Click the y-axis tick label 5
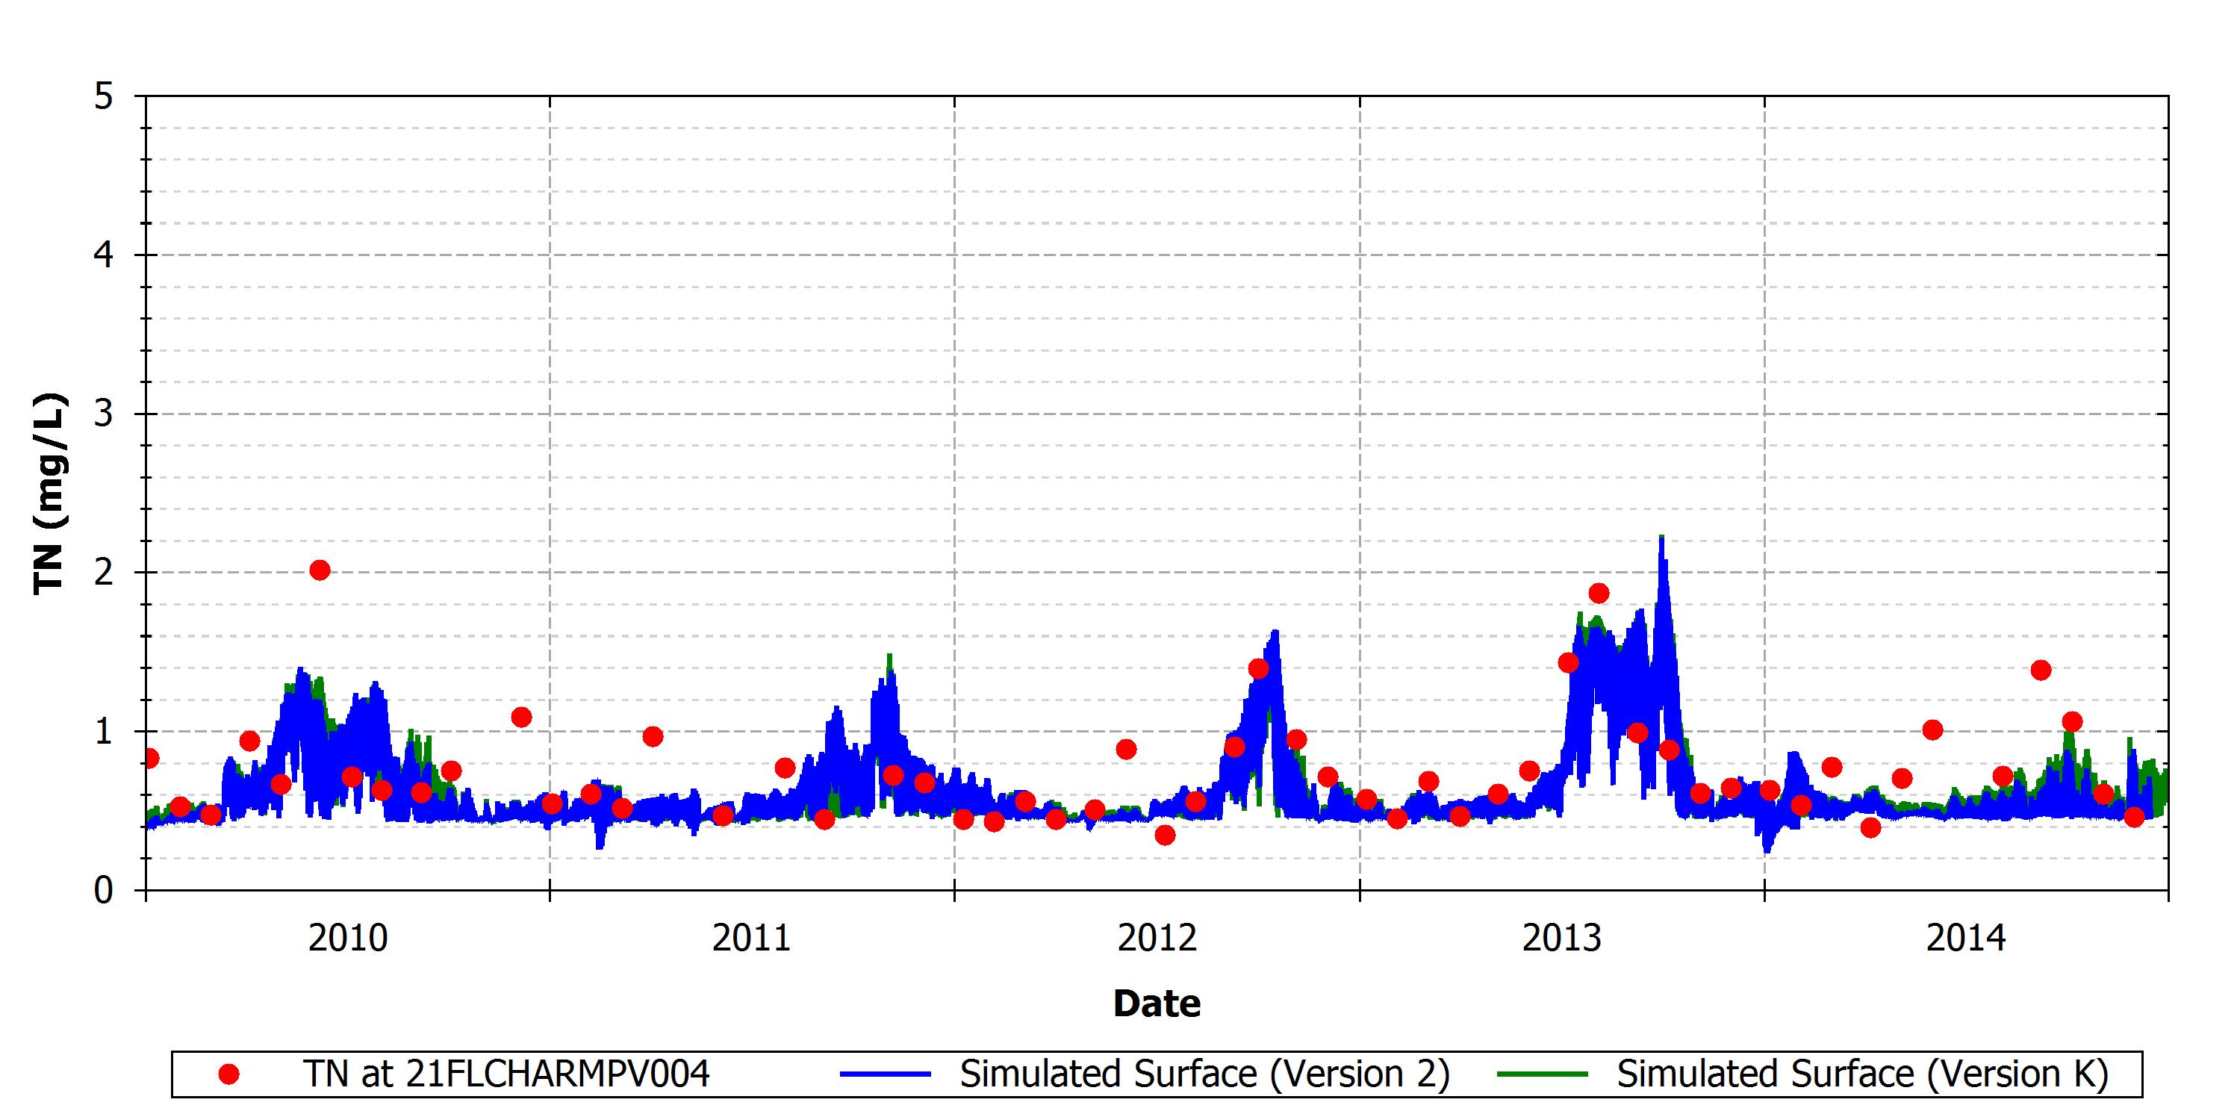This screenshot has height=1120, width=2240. [x=105, y=96]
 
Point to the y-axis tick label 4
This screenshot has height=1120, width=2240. [x=105, y=255]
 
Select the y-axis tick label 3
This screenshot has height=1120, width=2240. [x=105, y=414]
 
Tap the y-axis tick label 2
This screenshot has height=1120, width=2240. [x=105, y=573]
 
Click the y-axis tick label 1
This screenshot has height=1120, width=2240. [x=105, y=731]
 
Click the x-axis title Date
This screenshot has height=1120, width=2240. [x=1157, y=1004]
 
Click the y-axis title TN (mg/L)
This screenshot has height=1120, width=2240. [x=49, y=494]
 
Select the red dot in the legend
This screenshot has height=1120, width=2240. [x=228, y=1074]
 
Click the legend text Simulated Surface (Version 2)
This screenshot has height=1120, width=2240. [x=1204, y=1074]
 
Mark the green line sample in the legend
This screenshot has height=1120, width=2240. [x=1543, y=1074]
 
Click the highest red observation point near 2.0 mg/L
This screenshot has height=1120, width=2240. [x=320, y=570]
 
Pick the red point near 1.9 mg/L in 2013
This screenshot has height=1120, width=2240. [x=1599, y=594]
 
